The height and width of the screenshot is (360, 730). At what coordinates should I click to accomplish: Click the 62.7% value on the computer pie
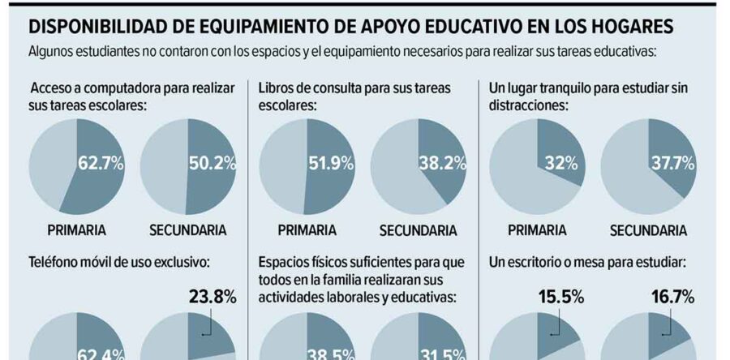101,164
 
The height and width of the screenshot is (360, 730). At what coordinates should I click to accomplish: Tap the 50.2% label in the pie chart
212,164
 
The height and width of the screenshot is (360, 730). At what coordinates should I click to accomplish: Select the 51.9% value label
331,164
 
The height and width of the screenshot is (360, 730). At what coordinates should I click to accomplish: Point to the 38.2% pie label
442,164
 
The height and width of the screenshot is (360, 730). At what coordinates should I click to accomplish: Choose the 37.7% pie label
672,164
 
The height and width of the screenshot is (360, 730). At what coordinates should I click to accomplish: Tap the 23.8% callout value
212,298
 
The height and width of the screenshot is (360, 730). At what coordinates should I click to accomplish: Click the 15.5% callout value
560,298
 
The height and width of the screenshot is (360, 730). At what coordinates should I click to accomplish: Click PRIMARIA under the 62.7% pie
76,230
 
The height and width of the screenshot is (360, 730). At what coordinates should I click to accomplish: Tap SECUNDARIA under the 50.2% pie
187,230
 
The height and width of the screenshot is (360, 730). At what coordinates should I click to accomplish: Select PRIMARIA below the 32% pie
537,230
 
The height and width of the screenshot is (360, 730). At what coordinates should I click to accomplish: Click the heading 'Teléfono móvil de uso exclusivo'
119,263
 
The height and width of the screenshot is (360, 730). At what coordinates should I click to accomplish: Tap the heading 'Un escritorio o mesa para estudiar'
589,263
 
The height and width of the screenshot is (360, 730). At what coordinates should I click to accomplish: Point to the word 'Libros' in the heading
277,88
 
